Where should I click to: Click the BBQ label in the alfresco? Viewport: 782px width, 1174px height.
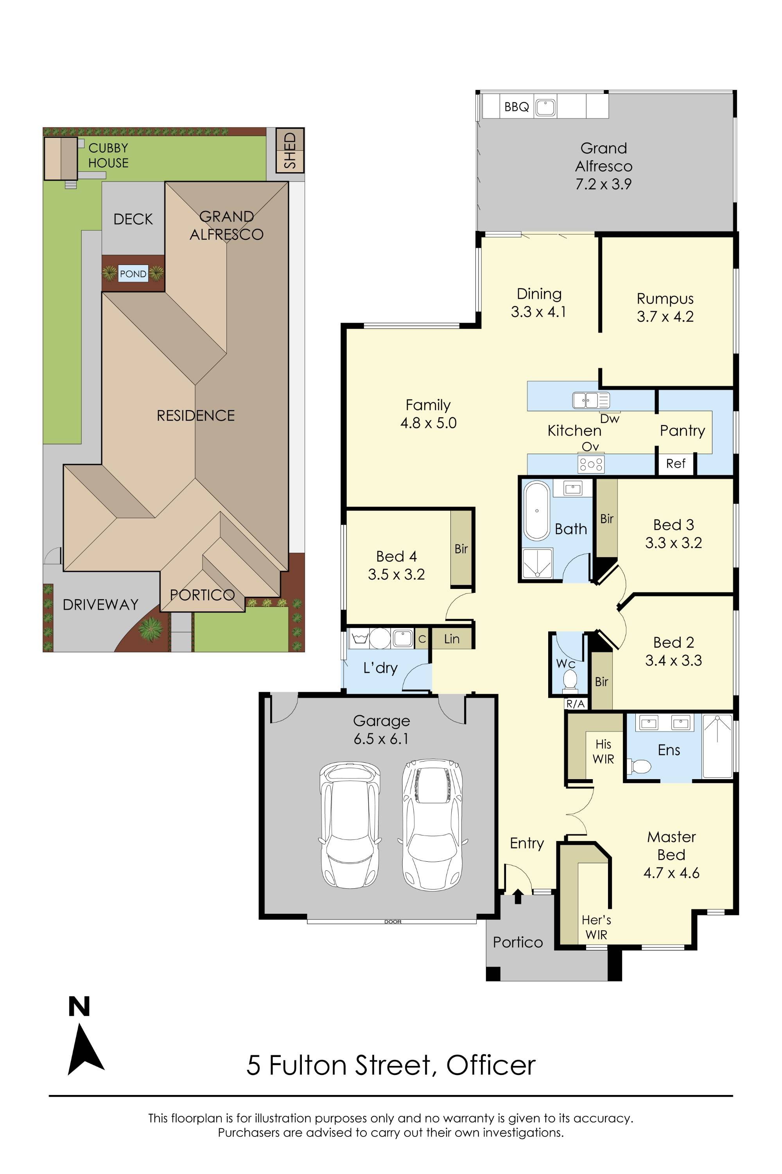[x=516, y=107]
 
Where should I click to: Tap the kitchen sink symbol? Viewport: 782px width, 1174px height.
[x=591, y=400]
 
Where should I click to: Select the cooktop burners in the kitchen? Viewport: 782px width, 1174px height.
[x=591, y=464]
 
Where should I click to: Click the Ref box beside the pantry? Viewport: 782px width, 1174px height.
[x=675, y=464]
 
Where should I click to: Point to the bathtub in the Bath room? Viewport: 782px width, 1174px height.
[x=536, y=511]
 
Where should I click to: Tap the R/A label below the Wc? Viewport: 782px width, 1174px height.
[x=575, y=704]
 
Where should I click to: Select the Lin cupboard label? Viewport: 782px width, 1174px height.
[x=451, y=639]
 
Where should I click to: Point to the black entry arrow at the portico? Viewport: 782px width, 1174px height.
[x=518, y=896]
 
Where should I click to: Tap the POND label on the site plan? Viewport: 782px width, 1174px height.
[x=133, y=274]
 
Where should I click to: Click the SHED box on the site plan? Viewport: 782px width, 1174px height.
[x=290, y=150]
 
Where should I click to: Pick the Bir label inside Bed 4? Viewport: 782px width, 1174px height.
[x=461, y=549]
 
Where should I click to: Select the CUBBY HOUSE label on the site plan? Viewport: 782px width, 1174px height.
[x=108, y=155]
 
